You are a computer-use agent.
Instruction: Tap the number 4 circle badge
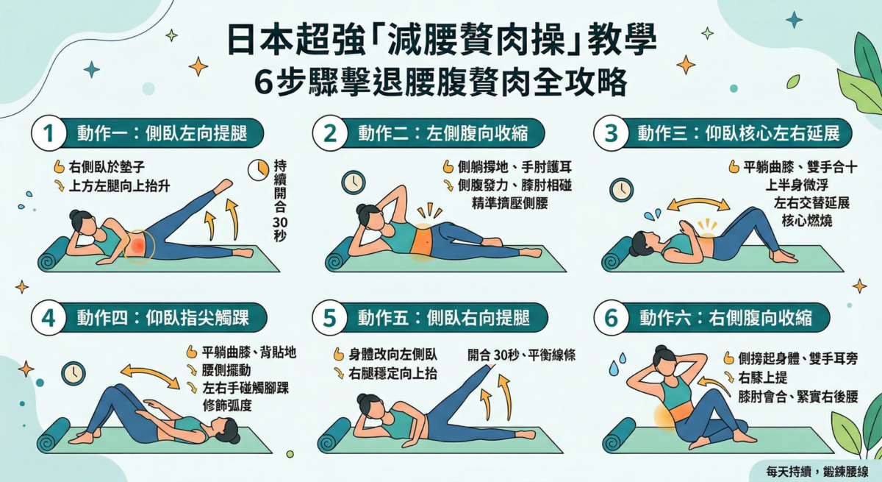click(x=49, y=319)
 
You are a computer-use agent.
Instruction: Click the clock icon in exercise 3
click(x=622, y=190)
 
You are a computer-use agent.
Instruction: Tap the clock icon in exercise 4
click(x=73, y=373)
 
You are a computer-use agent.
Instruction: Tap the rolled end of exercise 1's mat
click(x=52, y=260)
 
